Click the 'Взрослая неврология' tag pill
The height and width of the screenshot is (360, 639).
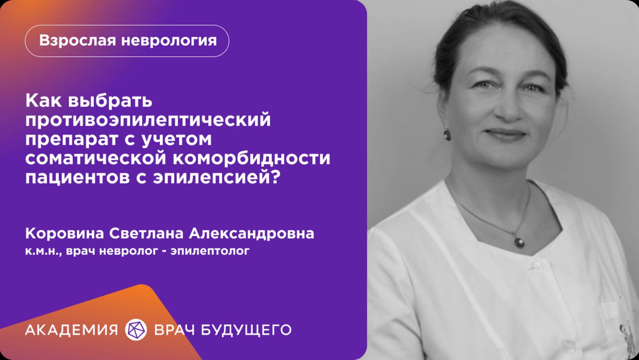pos(127,41)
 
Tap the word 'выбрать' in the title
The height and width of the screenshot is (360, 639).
pos(110,101)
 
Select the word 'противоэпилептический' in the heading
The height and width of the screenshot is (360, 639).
pos(148,120)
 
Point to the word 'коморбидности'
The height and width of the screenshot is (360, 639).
pos(252,158)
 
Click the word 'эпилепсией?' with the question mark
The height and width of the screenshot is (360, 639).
pos(217,177)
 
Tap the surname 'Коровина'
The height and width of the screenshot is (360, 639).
pos(64,233)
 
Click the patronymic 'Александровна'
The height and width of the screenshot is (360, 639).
pos(251,233)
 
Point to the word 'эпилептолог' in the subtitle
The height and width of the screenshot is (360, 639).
pos(210,251)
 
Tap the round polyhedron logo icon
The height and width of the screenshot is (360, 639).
pos(136,330)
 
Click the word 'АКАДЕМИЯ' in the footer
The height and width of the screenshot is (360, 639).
pos(72,330)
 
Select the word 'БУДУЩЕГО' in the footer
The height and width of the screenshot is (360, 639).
pos(246,330)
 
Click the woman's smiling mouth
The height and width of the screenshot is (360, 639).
pos(505,134)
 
